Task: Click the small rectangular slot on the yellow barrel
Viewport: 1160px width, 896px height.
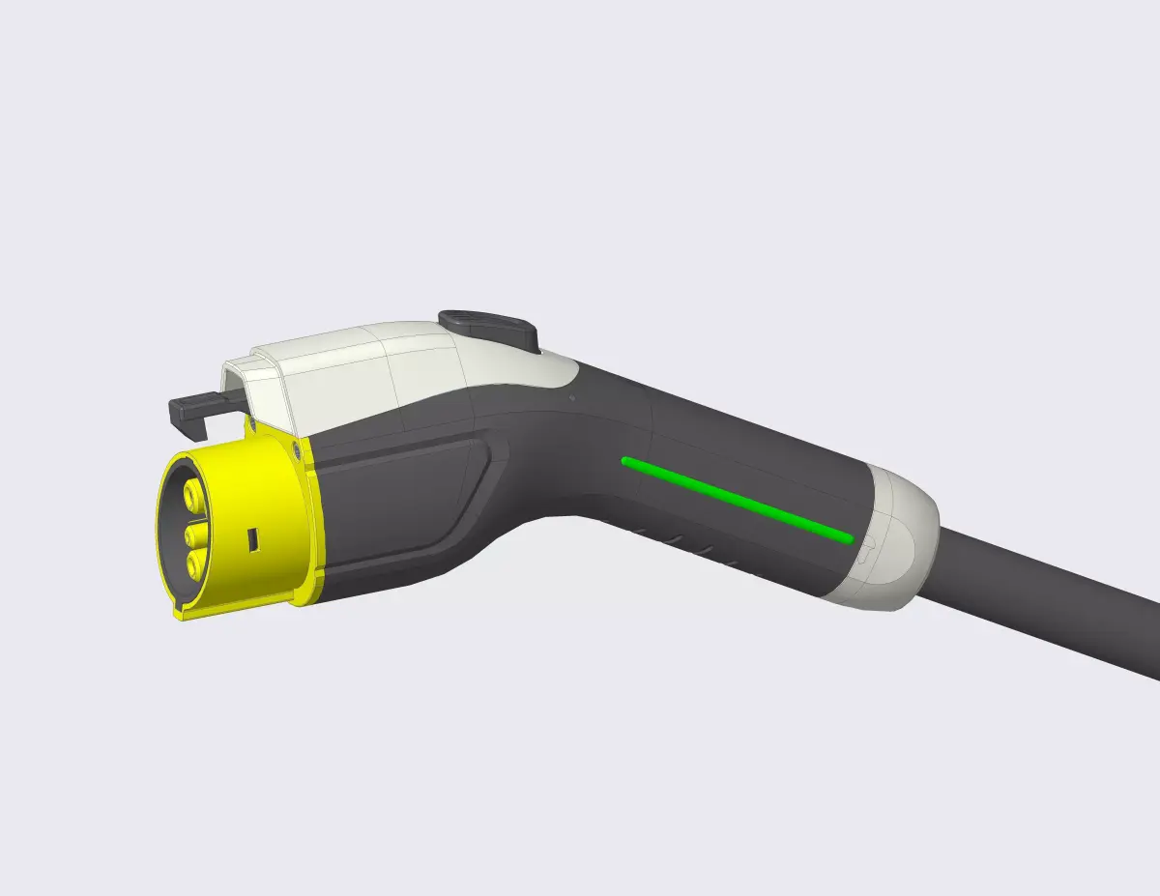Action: [252, 538]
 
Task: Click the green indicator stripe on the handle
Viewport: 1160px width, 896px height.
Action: [735, 498]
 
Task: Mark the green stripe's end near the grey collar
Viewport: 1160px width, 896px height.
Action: [847, 537]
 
